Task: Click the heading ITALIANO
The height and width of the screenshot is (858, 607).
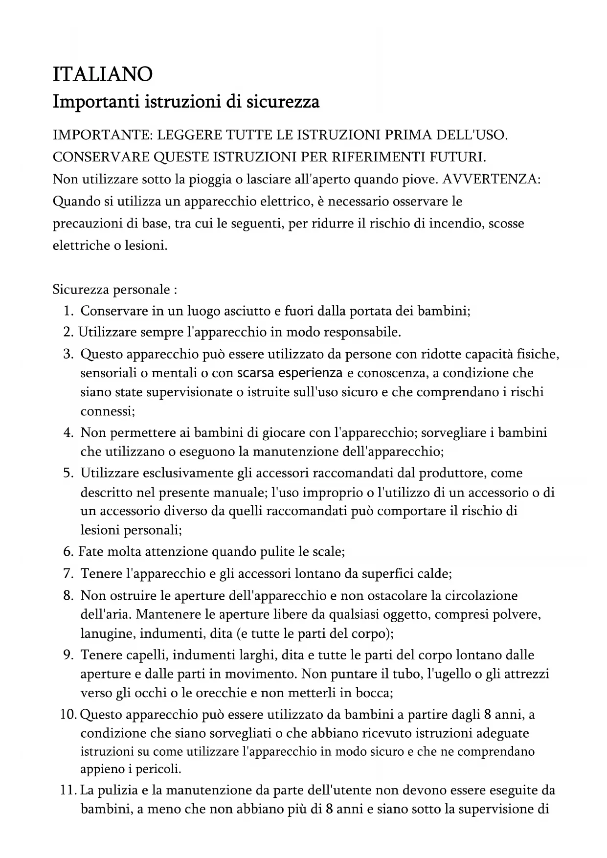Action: pos(103,74)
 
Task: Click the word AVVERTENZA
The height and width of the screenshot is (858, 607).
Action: pos(491,179)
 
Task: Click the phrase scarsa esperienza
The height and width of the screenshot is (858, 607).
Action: pos(290,373)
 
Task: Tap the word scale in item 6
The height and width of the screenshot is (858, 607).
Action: pos(328,552)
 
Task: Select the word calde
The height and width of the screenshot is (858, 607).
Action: pos(433,573)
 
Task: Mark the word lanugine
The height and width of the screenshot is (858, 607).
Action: pos(107,634)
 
